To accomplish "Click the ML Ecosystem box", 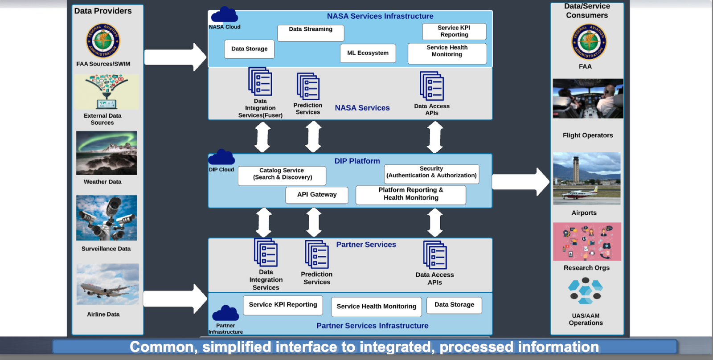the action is (x=368, y=53).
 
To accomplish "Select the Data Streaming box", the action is (x=311, y=33).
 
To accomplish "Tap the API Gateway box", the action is (x=317, y=195).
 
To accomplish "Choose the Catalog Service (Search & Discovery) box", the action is (x=282, y=176).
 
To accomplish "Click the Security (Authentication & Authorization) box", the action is (x=432, y=174).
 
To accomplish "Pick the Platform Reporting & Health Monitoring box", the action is (x=411, y=195).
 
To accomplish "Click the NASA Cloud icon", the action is (x=225, y=14).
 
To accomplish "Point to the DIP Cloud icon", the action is (x=221, y=157).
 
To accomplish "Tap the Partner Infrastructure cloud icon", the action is (x=225, y=313).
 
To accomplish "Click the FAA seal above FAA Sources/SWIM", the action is (x=103, y=41).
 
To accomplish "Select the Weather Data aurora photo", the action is (x=107, y=153).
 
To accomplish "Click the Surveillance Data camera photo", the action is (x=107, y=218).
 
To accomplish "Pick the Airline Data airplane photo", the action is (x=108, y=284).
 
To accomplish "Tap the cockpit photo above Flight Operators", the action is (x=588, y=98).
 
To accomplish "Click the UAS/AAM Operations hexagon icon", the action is (x=586, y=291).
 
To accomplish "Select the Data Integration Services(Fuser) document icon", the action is (x=260, y=82).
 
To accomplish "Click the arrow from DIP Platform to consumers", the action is (x=521, y=182).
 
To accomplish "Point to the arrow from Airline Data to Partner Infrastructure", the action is (x=175, y=299).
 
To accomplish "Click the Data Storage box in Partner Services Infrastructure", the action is (x=454, y=305).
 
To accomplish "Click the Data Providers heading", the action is (x=103, y=11).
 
